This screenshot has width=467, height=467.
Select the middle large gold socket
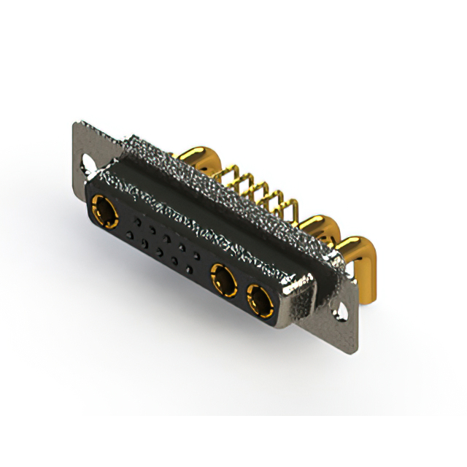(223, 279)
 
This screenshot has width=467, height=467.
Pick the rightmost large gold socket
(258, 298)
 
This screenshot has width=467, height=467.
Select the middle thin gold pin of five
(258, 194)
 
